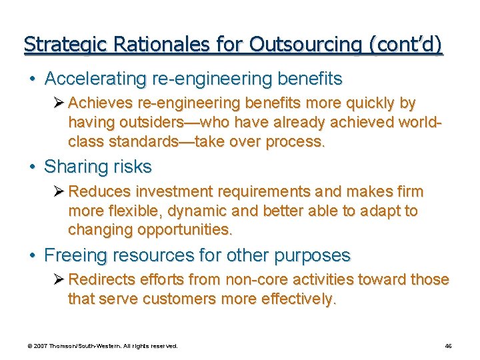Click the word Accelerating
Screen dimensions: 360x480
point(95,79)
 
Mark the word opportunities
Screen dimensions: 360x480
point(185,231)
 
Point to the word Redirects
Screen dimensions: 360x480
point(100,280)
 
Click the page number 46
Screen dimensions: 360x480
point(448,346)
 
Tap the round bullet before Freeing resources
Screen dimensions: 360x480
point(33,256)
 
